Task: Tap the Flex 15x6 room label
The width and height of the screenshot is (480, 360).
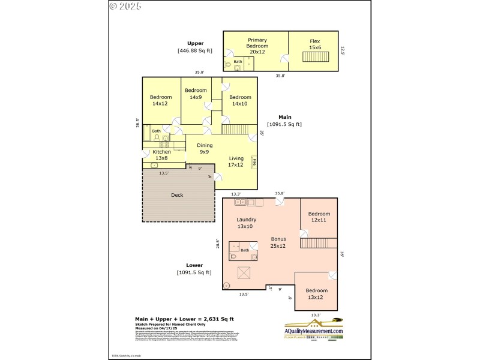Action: tap(315, 44)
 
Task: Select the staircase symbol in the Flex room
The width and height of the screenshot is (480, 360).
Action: tap(312, 57)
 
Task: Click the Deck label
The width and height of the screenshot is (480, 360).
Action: tap(177, 195)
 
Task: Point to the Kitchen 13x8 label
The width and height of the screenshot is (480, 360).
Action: tap(161, 155)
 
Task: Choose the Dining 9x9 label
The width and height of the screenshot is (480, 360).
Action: tap(205, 148)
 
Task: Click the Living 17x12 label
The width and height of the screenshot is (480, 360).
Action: tap(236, 162)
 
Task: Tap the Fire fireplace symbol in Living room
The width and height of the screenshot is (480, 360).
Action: tap(254, 162)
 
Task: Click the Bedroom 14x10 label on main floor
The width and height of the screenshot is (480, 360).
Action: tap(240, 100)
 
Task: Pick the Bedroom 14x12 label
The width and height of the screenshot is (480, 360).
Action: tap(161, 100)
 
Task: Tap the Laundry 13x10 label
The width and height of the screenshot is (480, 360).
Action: tap(246, 223)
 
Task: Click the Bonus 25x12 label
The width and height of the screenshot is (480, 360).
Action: tap(278, 242)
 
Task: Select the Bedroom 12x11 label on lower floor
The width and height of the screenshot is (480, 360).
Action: tap(319, 217)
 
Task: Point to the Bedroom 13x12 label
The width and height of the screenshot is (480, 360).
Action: tap(316, 294)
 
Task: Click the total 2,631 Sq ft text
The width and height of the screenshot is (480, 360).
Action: tap(184, 319)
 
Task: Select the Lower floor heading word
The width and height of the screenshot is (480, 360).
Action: tap(194, 265)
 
